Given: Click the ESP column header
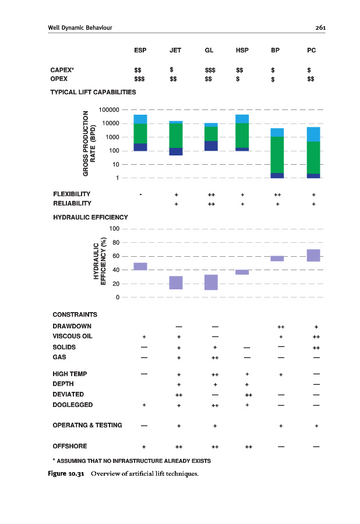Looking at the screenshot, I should coord(140,50).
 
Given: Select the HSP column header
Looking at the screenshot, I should coord(242,50).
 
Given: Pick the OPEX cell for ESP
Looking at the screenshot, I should coord(140,80).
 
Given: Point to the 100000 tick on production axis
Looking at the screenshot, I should coord(109,109).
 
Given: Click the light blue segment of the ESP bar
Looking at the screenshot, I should coord(140,119).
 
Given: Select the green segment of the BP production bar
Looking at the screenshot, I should coord(277,154).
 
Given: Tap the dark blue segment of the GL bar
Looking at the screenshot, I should coord(210,146).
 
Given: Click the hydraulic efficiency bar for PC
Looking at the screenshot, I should coord(313,255).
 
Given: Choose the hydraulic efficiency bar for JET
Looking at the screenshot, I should coord(176,282).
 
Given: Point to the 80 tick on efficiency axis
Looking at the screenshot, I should coord(116,242).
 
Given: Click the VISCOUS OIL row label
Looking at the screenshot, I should coord(72,336).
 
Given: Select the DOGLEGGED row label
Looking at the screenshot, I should coord(72,404).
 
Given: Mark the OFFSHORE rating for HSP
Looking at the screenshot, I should coord(248,447).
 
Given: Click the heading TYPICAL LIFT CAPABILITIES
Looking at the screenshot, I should coord(93,92).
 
